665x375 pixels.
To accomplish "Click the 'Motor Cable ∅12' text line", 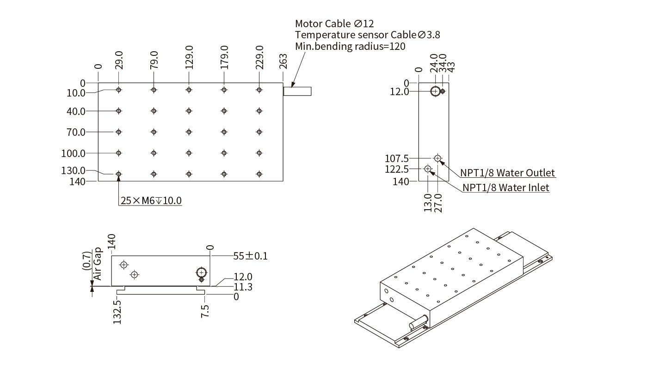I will coord(334,24).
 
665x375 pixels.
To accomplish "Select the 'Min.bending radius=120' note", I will coord(350,46).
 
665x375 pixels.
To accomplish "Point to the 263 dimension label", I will coord(283,62).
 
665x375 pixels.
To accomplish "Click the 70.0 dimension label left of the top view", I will coord(76,132).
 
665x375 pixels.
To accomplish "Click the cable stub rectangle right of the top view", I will coord(297,91).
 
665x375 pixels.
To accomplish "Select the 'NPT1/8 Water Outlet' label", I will coord(507,173).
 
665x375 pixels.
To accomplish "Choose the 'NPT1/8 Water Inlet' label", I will coord(506,187).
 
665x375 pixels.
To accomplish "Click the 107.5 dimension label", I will coord(397,158).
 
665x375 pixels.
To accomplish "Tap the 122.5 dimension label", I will coord(397,169).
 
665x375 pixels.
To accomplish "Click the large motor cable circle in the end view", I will coord(435,91).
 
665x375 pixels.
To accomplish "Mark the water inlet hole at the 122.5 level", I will coord(428,169).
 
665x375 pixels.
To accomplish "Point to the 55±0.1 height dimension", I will coord(250,256).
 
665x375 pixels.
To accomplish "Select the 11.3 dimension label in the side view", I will coord(243,287).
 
